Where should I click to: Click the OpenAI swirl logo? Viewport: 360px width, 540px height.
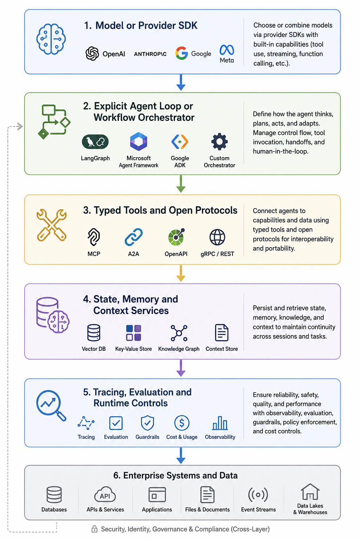(92, 53)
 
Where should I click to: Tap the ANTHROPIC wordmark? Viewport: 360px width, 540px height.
(150, 54)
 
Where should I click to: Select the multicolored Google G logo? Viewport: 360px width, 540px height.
(181, 53)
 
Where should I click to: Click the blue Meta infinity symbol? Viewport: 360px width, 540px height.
(227, 50)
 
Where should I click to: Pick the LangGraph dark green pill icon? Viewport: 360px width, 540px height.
(95, 142)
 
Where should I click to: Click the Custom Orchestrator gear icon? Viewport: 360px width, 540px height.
(219, 142)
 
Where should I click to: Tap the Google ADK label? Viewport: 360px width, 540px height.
(180, 161)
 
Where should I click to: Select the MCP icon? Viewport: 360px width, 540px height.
(94, 237)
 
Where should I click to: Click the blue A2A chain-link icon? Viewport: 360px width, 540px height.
(134, 237)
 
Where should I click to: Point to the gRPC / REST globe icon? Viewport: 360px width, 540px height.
(217, 237)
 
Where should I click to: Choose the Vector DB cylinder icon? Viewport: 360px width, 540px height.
(94, 333)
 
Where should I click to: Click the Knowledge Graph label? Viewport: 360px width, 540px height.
(179, 349)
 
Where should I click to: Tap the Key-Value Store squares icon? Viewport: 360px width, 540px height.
(134, 333)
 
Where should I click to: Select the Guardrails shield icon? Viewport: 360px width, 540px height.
(147, 423)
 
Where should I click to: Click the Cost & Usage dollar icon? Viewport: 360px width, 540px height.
(182, 423)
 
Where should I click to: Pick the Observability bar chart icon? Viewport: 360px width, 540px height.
(220, 423)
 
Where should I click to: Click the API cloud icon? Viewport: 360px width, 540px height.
(105, 494)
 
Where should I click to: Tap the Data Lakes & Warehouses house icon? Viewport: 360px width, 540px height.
(310, 492)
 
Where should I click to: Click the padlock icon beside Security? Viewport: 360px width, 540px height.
(94, 529)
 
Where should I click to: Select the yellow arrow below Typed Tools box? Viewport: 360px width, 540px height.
(181, 273)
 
